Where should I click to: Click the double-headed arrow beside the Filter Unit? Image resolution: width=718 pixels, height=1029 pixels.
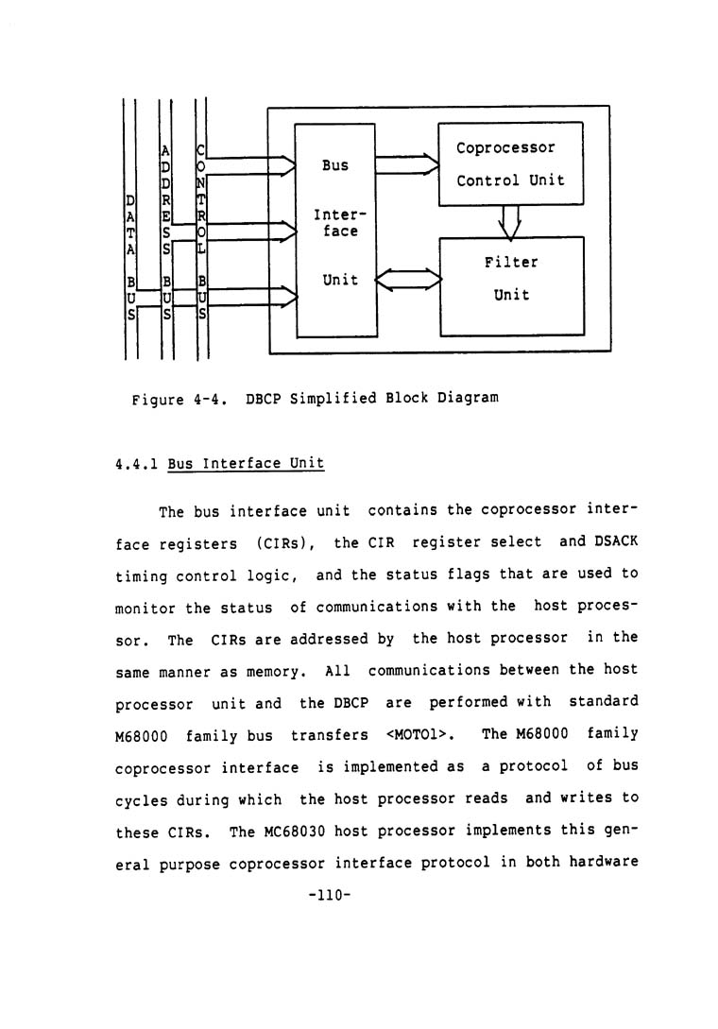coord(407,281)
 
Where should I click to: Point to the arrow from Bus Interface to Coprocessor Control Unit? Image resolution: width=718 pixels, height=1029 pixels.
coord(407,165)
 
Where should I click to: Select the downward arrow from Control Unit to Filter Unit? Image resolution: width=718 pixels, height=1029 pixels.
coord(510,221)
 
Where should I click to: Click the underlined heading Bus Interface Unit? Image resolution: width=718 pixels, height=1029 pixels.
coord(246,464)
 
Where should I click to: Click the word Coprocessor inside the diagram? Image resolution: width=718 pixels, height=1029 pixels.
coord(505,148)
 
